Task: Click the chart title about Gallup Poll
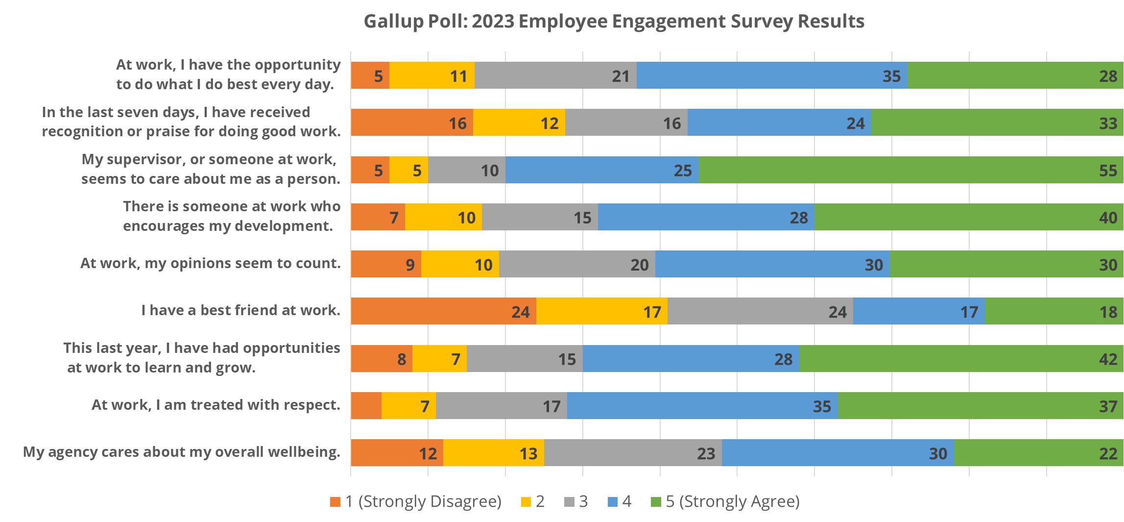(614, 22)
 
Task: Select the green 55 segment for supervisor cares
(911, 170)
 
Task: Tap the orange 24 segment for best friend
(443, 311)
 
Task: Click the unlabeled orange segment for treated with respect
(366, 406)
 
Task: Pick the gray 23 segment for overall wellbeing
(633, 453)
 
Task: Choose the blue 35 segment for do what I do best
(772, 75)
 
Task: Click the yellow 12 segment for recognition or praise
(519, 123)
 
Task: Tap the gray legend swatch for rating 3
(569, 502)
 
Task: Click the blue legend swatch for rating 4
(612, 502)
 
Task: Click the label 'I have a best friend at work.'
(240, 310)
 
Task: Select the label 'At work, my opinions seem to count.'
(210, 263)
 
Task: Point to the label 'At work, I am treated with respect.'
(215, 405)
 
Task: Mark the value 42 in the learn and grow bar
(1108, 359)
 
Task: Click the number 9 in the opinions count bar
(410, 265)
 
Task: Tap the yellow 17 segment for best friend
(602, 311)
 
